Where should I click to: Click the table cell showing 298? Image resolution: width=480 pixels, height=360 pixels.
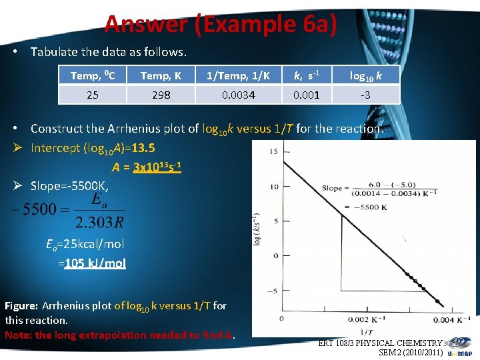pos(161,95)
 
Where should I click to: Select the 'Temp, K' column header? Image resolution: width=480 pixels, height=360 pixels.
pos(161,75)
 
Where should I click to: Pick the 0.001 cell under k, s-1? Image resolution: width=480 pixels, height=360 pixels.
pos(307,95)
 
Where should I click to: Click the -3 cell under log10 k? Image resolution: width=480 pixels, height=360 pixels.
pos(365,95)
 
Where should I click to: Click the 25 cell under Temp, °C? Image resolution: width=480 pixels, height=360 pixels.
pos(93,95)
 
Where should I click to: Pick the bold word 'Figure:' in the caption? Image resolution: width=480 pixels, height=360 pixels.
pos(21,306)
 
